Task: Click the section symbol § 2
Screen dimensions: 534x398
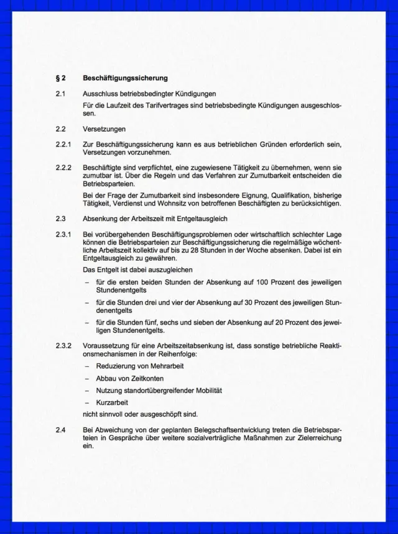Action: pyautogui.click(x=60, y=79)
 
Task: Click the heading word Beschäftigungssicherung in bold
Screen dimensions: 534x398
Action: pyautogui.click(x=125, y=79)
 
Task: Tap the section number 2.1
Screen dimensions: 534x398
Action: pyautogui.click(x=60, y=94)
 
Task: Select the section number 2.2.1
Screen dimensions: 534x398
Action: pyautogui.click(x=63, y=145)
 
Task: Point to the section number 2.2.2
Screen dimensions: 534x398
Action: pyautogui.click(x=63, y=168)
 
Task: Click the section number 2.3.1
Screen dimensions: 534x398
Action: pyautogui.click(x=63, y=233)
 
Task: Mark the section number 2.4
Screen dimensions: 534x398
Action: pyautogui.click(x=60, y=430)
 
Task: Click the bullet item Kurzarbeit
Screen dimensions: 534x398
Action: pyautogui.click(x=112, y=402)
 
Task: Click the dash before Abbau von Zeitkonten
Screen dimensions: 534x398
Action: pyautogui.click(x=87, y=378)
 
